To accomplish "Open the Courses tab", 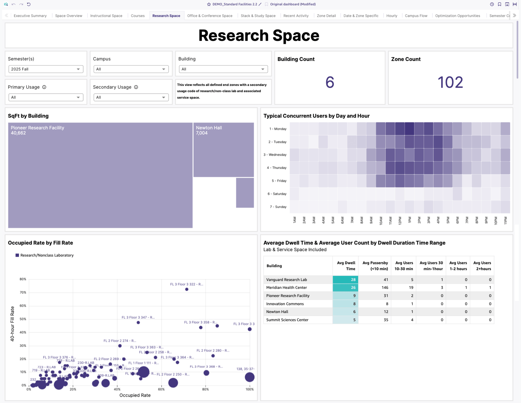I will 138,16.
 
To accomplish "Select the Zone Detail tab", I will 326,16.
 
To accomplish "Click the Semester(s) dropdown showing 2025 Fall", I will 46,69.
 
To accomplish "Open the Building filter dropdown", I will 223,69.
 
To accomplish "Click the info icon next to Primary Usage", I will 44,87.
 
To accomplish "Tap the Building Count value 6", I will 330,82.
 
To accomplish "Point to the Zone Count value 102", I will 450,82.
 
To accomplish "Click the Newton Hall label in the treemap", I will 209,128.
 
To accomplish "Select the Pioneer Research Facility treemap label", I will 38,128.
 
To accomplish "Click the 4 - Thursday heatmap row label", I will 277,168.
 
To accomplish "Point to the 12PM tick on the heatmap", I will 400,220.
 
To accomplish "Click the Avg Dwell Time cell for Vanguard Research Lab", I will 345,280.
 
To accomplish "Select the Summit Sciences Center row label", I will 287,320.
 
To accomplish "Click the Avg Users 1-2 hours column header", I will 458,266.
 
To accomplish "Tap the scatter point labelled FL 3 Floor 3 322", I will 187,289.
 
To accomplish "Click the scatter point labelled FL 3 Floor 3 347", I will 138,323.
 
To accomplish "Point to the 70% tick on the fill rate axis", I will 23,293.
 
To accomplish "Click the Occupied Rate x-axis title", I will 135,395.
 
